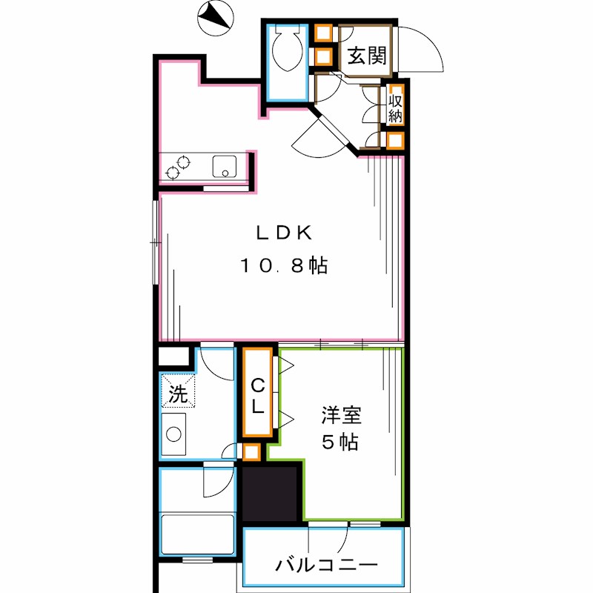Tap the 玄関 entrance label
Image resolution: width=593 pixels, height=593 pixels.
365,55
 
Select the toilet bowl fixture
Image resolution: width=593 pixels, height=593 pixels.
284,49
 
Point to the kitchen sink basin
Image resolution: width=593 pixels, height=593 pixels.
224,166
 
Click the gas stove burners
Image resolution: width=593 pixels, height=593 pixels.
178,167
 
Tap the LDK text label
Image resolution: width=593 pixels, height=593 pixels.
283,233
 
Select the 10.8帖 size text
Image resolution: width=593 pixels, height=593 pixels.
283,266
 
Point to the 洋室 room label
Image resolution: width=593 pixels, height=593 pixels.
340,414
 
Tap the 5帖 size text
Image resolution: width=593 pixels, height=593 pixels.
340,443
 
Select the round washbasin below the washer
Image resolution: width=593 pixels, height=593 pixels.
176,434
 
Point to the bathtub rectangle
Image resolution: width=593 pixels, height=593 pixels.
198,532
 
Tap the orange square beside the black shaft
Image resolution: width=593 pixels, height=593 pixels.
252,451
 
